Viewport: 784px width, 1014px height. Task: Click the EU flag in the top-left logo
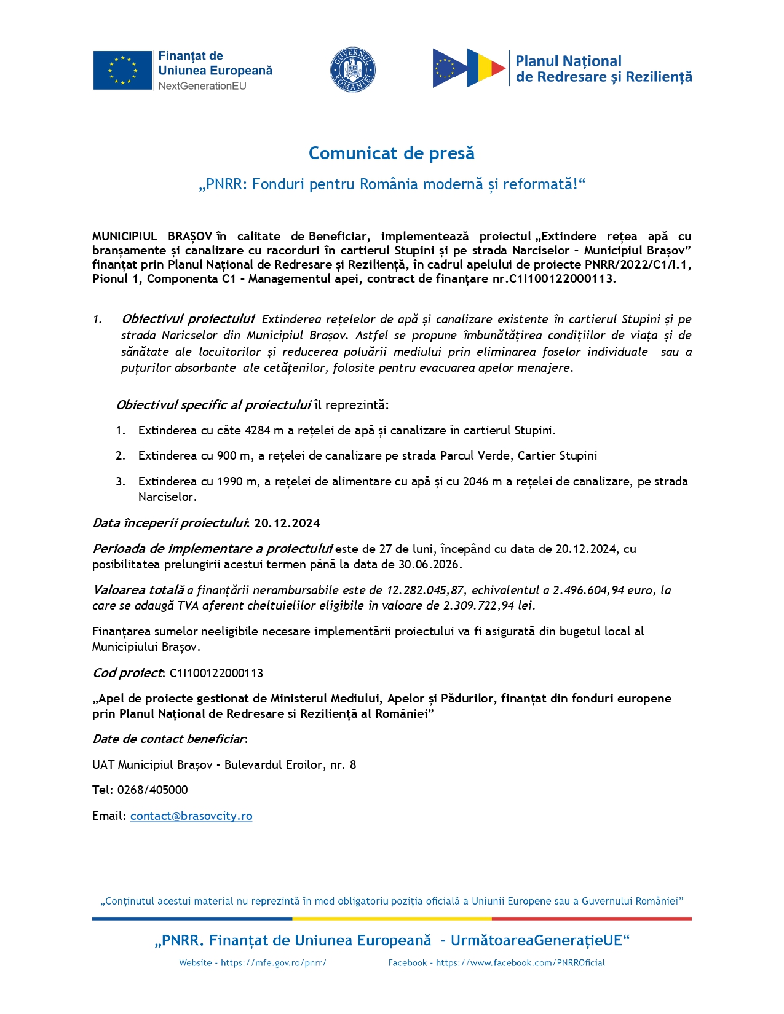click(x=122, y=70)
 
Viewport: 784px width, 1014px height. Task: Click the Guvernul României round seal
click(x=353, y=70)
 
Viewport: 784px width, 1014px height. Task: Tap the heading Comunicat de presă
click(x=392, y=153)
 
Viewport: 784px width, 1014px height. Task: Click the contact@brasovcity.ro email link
click(x=191, y=816)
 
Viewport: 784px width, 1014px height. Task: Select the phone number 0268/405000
click(x=152, y=790)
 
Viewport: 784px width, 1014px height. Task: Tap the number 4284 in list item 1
click(x=257, y=431)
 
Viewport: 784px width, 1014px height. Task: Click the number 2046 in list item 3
click(x=475, y=482)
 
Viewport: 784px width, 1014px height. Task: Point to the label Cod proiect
click(x=128, y=673)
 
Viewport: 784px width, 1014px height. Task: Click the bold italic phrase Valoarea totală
click(x=138, y=591)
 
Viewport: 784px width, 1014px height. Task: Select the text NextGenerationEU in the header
click(x=202, y=86)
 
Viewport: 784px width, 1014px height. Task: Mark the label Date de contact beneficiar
click(x=169, y=739)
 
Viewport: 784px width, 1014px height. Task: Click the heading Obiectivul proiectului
click(x=188, y=319)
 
